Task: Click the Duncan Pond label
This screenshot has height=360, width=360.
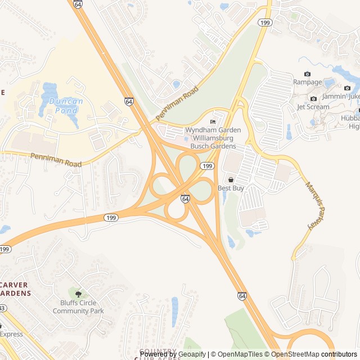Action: pos(66,106)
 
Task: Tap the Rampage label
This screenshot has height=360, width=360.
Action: pos(307,82)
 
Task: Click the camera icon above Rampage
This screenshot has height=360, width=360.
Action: pos(307,74)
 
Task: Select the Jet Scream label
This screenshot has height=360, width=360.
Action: pos(313,107)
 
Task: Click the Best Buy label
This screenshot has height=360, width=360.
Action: pos(231,188)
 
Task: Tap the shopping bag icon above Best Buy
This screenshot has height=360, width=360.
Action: pos(231,179)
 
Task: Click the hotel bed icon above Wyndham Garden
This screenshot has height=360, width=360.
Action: pos(213,122)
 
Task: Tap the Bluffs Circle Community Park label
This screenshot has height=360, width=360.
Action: pos(82,307)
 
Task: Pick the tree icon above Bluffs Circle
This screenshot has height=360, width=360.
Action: pos(78,294)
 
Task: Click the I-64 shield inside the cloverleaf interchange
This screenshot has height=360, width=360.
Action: pos(185,199)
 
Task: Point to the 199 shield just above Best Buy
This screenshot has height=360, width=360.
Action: pos(208,166)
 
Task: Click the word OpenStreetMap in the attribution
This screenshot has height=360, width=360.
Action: pos(295,354)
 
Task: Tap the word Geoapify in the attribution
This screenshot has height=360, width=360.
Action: pos(192,354)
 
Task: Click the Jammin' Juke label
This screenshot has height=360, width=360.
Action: pos(343,96)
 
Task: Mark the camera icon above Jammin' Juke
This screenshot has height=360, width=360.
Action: pos(347,88)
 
